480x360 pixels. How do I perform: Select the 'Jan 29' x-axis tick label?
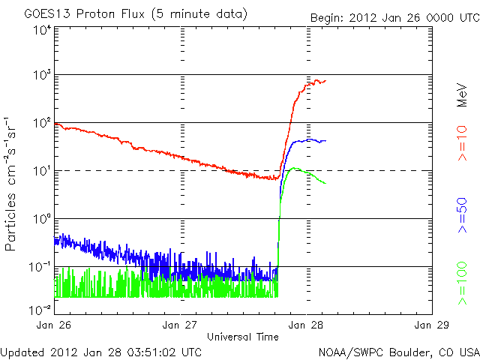pos(431,325)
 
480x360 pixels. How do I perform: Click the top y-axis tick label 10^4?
pos(41,30)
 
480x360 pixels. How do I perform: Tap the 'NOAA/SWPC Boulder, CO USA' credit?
pos(398,351)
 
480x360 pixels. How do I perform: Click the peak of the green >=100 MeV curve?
pos(294,168)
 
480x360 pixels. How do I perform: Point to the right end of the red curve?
pos(325,80)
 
